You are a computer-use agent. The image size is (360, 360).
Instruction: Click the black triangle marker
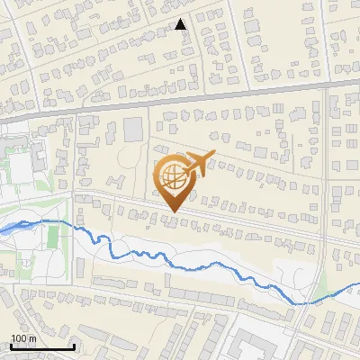181,24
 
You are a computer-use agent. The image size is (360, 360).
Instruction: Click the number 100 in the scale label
19,338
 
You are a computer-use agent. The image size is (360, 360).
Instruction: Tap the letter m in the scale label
32,338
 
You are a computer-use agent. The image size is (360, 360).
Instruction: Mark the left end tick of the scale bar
11,346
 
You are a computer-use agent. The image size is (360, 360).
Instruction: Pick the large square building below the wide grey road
132,128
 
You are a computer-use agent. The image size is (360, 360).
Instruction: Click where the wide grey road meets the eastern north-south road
323,86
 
